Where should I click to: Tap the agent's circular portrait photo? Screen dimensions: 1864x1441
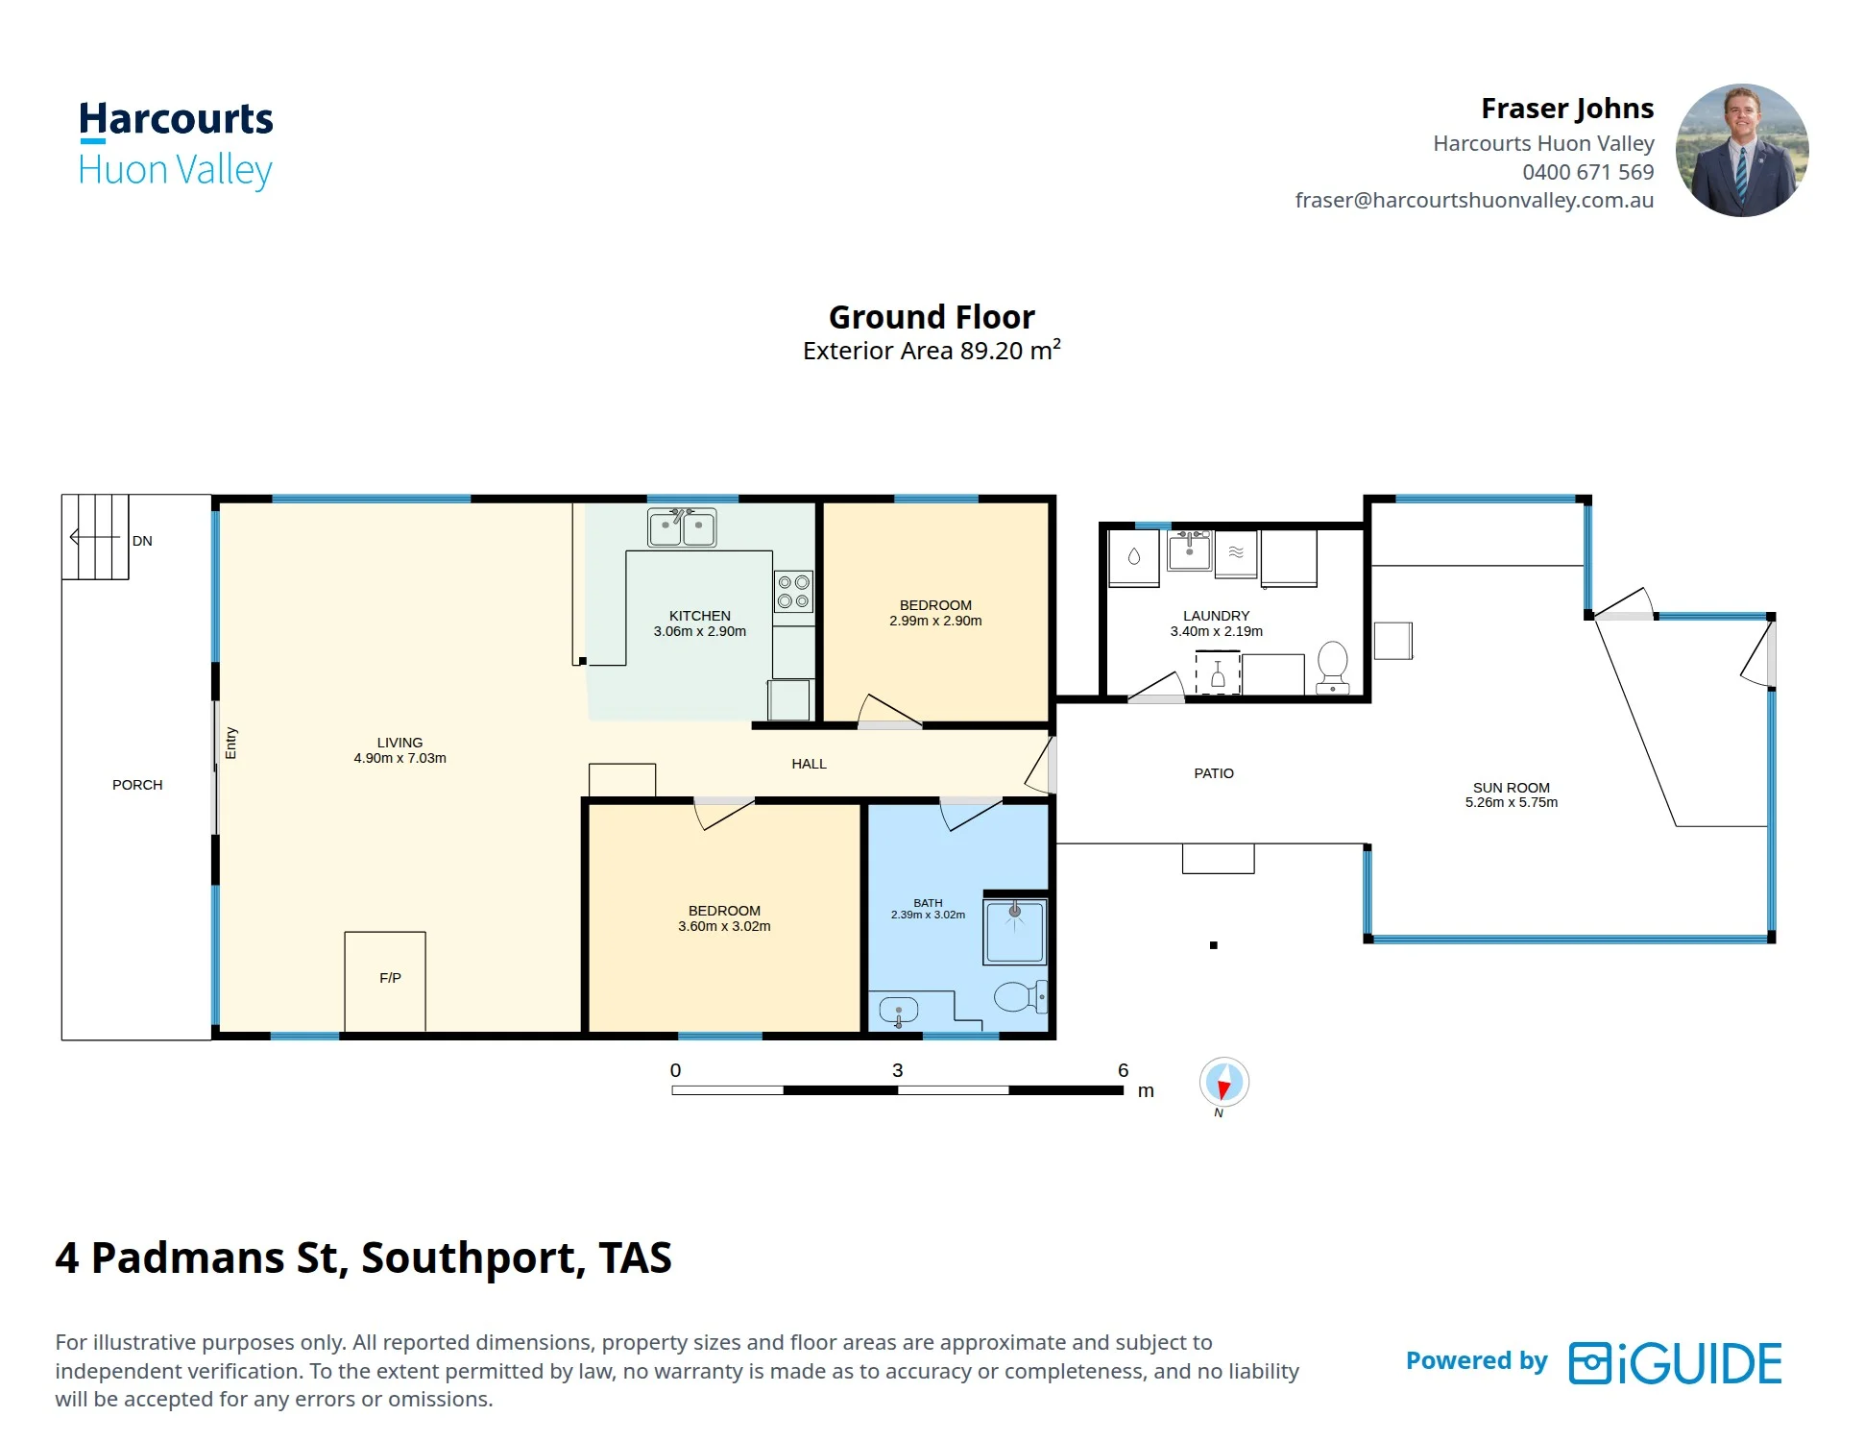click(x=1742, y=150)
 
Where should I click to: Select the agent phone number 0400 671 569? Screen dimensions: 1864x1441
click(x=1588, y=172)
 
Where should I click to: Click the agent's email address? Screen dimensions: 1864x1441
click(x=1474, y=200)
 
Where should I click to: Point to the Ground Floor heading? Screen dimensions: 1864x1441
click(x=932, y=317)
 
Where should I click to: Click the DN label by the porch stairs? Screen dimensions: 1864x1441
click(x=142, y=541)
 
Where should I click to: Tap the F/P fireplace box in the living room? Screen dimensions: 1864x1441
click(x=385, y=981)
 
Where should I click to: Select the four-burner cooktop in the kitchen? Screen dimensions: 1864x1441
click(x=794, y=592)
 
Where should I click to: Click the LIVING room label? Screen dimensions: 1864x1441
click(x=399, y=743)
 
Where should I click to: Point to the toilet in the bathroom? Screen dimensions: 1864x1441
click(x=1020, y=996)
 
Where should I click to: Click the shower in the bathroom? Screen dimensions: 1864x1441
click(x=1015, y=931)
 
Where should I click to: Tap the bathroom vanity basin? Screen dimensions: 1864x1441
click(x=899, y=1011)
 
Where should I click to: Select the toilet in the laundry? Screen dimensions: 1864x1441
click(x=1333, y=667)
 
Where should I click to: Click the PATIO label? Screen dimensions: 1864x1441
click(x=1214, y=773)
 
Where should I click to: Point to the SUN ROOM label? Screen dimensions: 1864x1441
click(x=1512, y=788)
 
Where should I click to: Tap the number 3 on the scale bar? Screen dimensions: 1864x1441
click(x=898, y=1070)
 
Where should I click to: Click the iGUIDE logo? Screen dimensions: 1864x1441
click(x=1676, y=1362)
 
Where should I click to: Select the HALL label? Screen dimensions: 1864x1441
click(x=809, y=764)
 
